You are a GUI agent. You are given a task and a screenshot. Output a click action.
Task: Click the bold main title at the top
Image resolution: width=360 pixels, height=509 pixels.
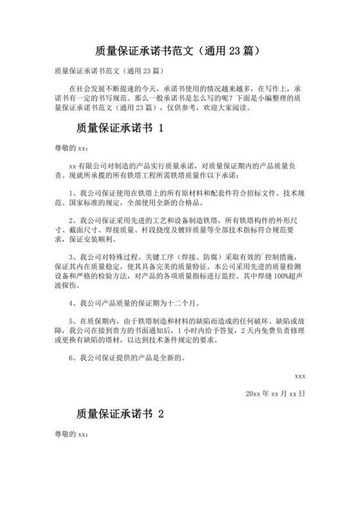[x=179, y=51]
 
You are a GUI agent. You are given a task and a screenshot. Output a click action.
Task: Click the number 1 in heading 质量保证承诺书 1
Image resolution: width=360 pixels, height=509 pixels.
[x=161, y=128]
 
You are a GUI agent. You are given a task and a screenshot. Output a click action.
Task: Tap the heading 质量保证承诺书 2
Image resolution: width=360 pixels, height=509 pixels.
[x=120, y=415]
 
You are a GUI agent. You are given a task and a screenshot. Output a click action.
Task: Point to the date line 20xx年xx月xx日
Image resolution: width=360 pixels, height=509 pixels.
[x=276, y=393]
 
